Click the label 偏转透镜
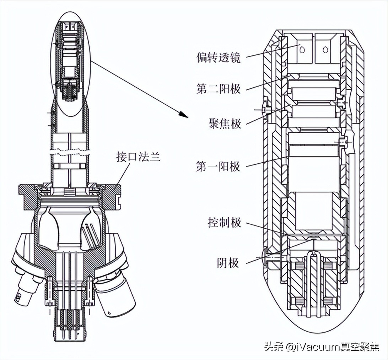(218, 58)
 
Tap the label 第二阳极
(218, 88)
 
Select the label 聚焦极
(224, 123)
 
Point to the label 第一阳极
(218, 166)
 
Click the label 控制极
(224, 223)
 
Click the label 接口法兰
(138, 157)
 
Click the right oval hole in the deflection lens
(325, 50)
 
